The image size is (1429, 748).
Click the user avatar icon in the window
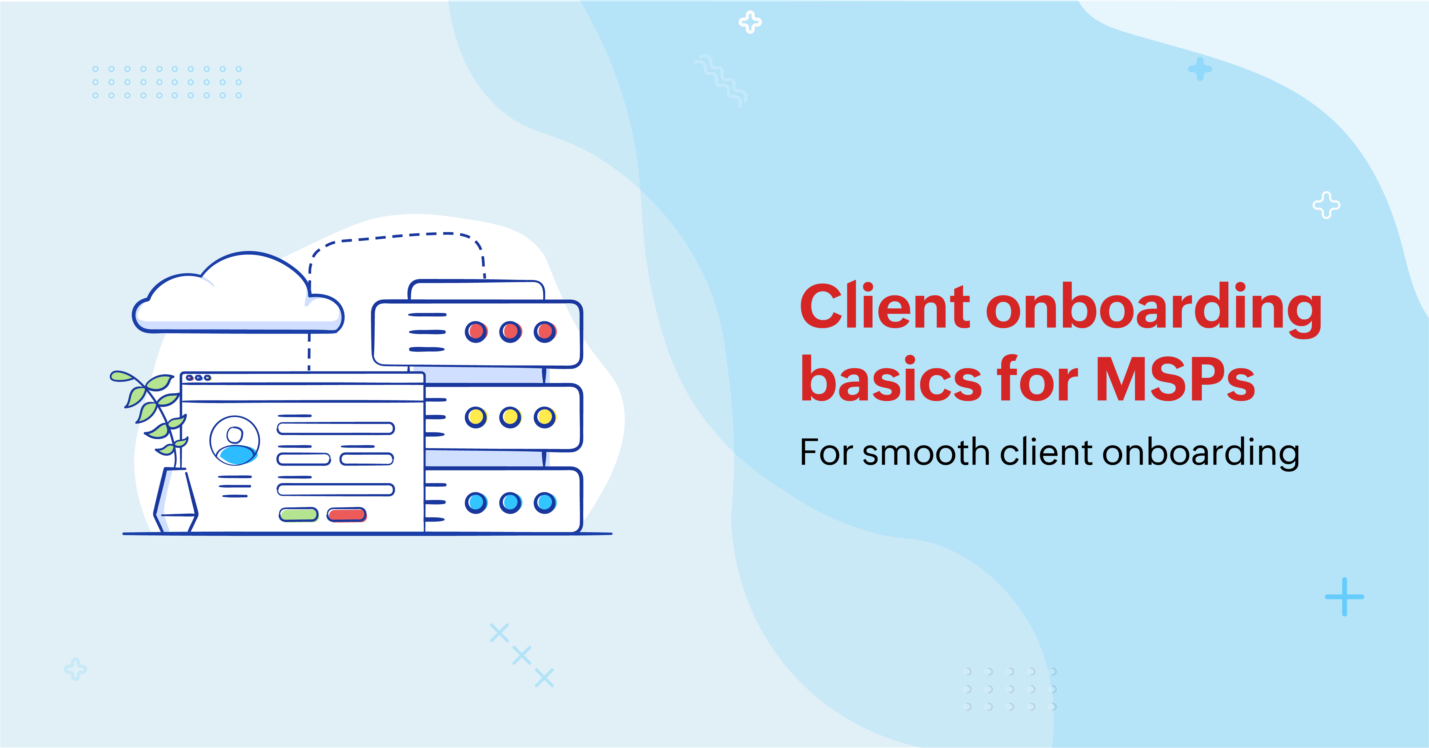click(x=235, y=441)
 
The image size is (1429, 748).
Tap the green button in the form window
click(x=298, y=514)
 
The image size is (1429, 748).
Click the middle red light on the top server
click(x=510, y=332)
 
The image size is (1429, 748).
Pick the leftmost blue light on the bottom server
click(x=476, y=503)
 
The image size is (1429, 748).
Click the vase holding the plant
click(x=175, y=500)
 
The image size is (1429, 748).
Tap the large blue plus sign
click(x=1344, y=597)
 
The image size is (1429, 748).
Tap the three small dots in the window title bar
click(x=198, y=378)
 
